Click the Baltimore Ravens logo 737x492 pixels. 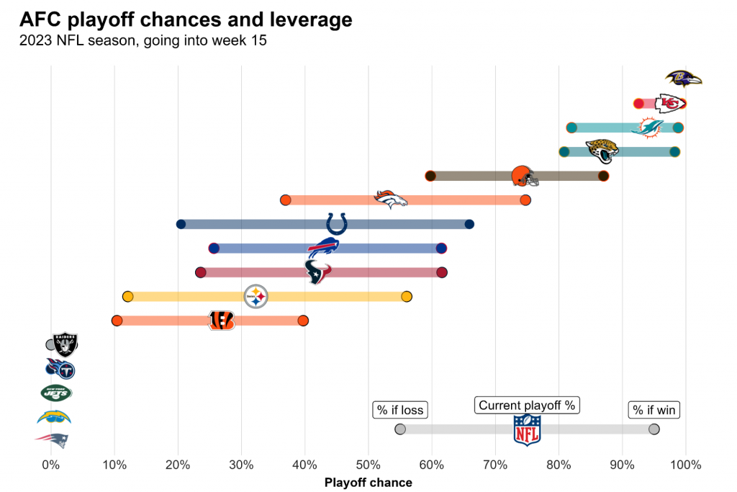coord(683,79)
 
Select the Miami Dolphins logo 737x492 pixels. coord(648,128)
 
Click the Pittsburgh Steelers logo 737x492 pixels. coord(256,296)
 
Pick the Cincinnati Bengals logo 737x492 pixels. coord(221,321)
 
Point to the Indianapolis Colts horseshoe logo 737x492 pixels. coord(336,224)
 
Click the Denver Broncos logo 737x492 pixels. coord(391,200)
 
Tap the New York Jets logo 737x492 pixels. coord(56,393)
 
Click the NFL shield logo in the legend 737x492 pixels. coord(527,430)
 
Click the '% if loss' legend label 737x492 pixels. coord(400,410)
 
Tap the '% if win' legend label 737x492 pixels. coord(654,410)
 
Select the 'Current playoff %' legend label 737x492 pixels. coord(527,406)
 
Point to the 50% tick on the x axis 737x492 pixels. coord(368,465)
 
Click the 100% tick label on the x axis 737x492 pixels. coord(685,465)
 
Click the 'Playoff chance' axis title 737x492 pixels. coord(368,482)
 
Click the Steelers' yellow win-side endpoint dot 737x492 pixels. coord(407,297)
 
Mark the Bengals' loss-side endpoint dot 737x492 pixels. coord(117,321)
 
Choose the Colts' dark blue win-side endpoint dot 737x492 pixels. coord(469,224)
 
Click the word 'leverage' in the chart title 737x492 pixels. coord(310,19)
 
